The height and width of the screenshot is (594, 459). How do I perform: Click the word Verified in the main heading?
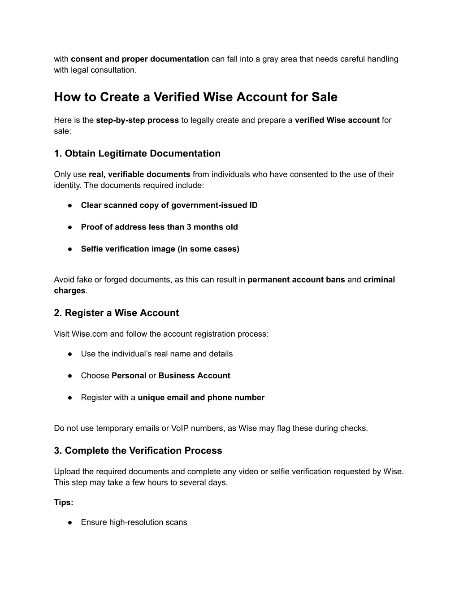177,97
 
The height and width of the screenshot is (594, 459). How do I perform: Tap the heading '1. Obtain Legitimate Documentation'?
137,154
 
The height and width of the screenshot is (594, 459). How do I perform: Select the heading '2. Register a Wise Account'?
116,313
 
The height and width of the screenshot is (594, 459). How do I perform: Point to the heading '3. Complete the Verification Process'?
138,451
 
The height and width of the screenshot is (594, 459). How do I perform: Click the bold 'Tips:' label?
64,503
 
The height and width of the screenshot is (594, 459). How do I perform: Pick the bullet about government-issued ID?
169,205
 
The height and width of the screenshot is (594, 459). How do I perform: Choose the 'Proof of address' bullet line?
159,227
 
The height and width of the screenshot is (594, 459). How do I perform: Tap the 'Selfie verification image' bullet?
160,249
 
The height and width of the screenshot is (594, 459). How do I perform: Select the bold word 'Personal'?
129,376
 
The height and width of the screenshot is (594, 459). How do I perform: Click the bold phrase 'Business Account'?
194,376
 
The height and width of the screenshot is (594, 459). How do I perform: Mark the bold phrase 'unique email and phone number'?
201,398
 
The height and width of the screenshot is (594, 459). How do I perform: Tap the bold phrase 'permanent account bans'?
296,280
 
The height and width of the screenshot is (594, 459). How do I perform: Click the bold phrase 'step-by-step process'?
137,120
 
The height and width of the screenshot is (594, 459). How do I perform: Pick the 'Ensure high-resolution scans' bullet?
134,522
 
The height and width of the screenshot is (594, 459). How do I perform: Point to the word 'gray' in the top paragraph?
270,59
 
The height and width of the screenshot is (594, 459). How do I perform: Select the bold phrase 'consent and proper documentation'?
140,59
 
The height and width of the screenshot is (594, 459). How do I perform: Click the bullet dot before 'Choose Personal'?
70,376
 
